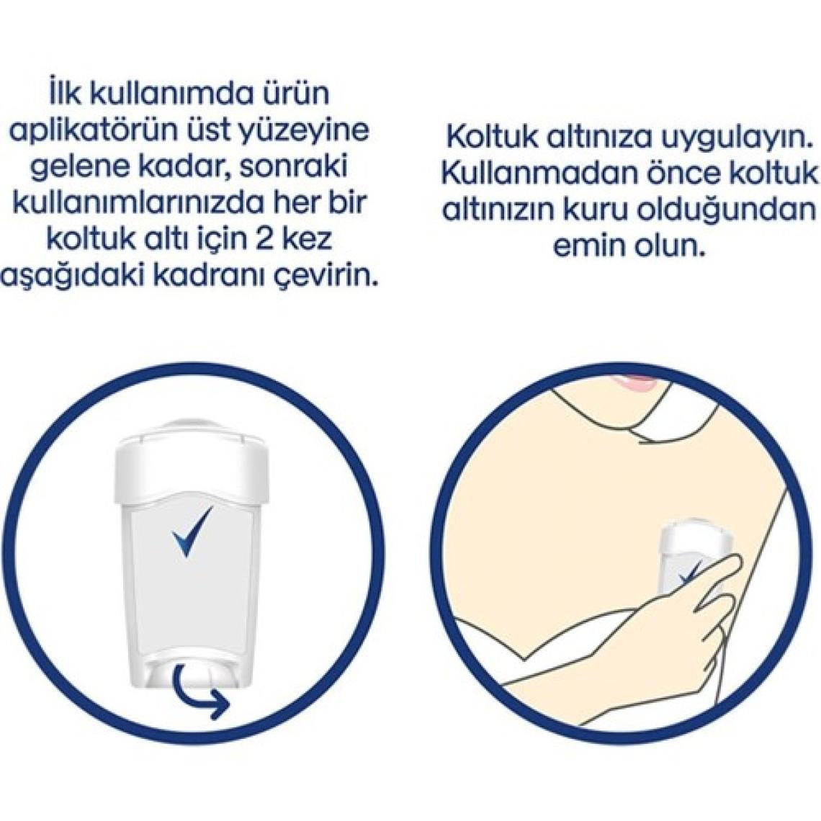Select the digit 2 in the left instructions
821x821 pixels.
269,239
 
